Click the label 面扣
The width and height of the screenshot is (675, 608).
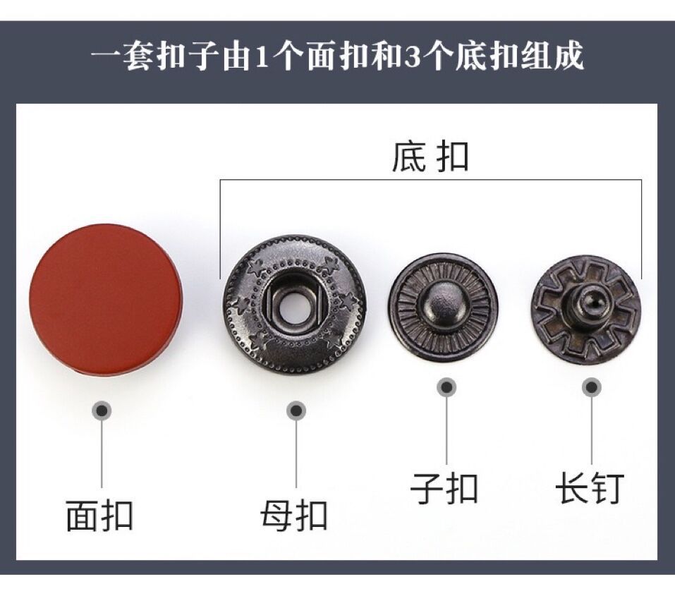99,516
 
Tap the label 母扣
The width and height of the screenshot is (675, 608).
293,516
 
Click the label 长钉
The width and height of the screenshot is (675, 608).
590,487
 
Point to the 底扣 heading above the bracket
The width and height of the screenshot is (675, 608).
430,158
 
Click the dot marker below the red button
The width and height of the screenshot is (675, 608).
103,411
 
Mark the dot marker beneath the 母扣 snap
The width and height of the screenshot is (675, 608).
297,410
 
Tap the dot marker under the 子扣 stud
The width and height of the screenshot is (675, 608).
446,387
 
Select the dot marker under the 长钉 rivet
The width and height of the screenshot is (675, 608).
592,387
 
